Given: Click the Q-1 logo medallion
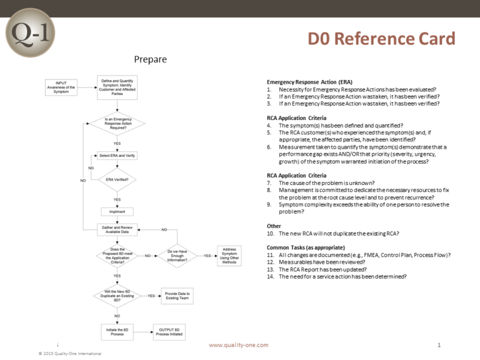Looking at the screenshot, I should point(29,33).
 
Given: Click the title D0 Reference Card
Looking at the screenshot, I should point(382,39).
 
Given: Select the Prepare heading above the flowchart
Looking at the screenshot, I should point(150,59).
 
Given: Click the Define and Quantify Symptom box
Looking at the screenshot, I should point(117,86).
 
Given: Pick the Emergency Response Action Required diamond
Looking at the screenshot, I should point(117,124).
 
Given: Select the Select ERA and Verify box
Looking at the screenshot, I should point(117,155).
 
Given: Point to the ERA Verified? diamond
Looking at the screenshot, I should point(117,180).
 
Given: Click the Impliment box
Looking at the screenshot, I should point(117,211).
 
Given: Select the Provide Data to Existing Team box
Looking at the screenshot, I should point(177,295).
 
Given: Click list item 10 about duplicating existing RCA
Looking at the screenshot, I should point(333,233).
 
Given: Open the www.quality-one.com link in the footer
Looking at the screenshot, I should point(238,345).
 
